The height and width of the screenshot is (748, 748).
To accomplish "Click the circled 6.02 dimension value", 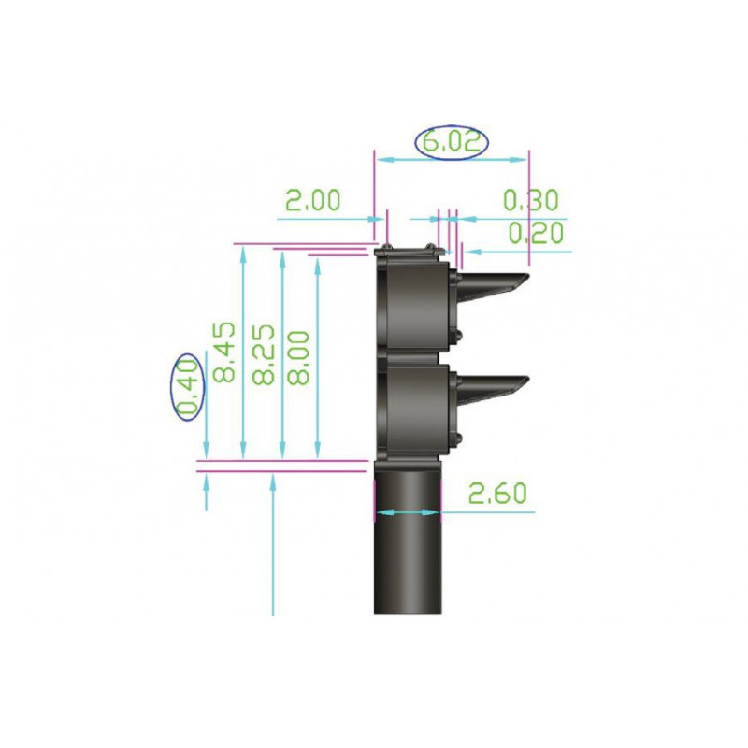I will pyautogui.click(x=453, y=142).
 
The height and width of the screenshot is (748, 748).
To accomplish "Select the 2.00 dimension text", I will pyautogui.click(x=312, y=201).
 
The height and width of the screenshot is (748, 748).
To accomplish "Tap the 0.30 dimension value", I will pyautogui.click(x=530, y=200).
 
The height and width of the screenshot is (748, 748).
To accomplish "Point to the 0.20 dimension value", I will pyautogui.click(x=535, y=233).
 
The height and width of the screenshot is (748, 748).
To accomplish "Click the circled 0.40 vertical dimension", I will pyautogui.click(x=188, y=388).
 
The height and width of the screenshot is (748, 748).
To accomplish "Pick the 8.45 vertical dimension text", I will pyautogui.click(x=223, y=354).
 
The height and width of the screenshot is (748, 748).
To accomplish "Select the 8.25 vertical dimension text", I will pyautogui.click(x=263, y=354).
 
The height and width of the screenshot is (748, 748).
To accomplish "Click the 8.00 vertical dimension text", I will pyautogui.click(x=299, y=354).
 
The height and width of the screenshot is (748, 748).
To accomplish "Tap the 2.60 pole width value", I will pyautogui.click(x=497, y=494).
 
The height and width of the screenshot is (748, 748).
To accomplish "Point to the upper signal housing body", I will pyautogui.click(x=411, y=304).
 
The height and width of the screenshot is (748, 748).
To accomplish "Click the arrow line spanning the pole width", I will pyautogui.click(x=406, y=511).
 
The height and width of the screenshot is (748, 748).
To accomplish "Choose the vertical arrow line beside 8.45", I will pyautogui.click(x=243, y=355).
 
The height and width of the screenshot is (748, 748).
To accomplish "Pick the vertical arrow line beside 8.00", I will pyautogui.click(x=319, y=355).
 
